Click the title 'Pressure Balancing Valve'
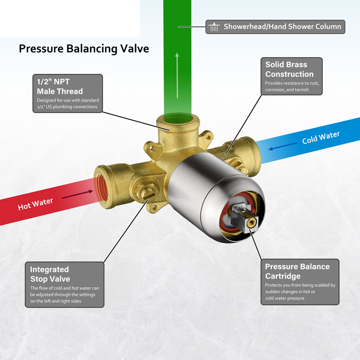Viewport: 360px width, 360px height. [84, 49]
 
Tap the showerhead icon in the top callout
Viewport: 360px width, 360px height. [214, 27]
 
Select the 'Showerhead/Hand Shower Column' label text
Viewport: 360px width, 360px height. [283, 27]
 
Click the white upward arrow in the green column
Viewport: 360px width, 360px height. [177, 76]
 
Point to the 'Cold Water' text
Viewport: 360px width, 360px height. [321, 137]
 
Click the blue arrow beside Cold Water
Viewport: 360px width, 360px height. [283, 146]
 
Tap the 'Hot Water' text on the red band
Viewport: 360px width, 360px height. [36, 204]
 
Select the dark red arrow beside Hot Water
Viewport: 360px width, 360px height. [77, 194]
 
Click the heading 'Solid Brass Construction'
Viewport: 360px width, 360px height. [289, 69]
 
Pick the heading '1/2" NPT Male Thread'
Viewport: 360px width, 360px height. [60, 86]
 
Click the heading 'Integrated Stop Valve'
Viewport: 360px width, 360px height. [50, 274]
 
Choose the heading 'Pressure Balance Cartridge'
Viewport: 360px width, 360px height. [297, 271]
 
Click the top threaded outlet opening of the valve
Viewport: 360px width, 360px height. [178, 119]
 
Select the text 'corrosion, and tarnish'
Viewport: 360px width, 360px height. [287, 90]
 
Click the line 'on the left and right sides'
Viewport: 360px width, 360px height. [55, 301]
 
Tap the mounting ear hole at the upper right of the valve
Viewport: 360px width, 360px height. [208, 138]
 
